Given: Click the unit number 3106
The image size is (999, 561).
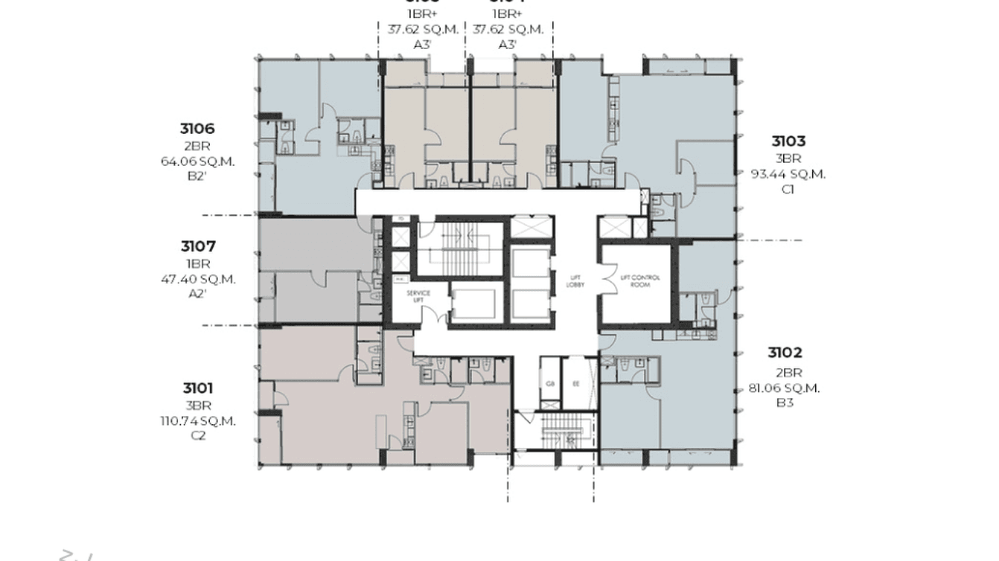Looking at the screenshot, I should (x=197, y=129).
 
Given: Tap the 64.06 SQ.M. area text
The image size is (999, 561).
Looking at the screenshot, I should (x=197, y=161).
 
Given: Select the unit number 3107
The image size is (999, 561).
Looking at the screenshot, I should (x=197, y=246).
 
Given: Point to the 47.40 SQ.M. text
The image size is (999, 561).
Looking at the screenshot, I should (x=197, y=279).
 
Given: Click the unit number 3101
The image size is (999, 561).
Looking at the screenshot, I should (x=198, y=388).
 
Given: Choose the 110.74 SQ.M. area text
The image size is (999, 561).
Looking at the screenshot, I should (x=198, y=420).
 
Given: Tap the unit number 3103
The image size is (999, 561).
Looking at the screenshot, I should (x=788, y=141).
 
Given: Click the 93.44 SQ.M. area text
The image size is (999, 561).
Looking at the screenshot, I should (x=788, y=174).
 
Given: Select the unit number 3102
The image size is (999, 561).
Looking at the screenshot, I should (x=785, y=353).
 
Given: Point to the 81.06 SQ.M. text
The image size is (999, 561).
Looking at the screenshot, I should (x=785, y=388).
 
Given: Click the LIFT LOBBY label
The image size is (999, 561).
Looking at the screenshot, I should (x=574, y=280).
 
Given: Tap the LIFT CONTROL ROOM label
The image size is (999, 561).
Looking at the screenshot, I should (x=639, y=280).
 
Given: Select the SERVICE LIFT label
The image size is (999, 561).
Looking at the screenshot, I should (x=418, y=296).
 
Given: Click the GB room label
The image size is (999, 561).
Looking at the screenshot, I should (x=550, y=384).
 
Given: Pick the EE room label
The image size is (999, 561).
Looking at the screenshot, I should (x=575, y=384).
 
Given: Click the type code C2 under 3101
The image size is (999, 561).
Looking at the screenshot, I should (x=198, y=436).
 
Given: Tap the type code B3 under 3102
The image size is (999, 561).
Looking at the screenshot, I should (x=785, y=403).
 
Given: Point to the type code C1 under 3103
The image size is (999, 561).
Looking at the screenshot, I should (x=788, y=189).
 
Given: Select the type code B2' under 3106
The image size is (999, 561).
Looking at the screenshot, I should (x=197, y=176).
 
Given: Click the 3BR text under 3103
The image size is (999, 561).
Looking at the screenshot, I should (x=788, y=158).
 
